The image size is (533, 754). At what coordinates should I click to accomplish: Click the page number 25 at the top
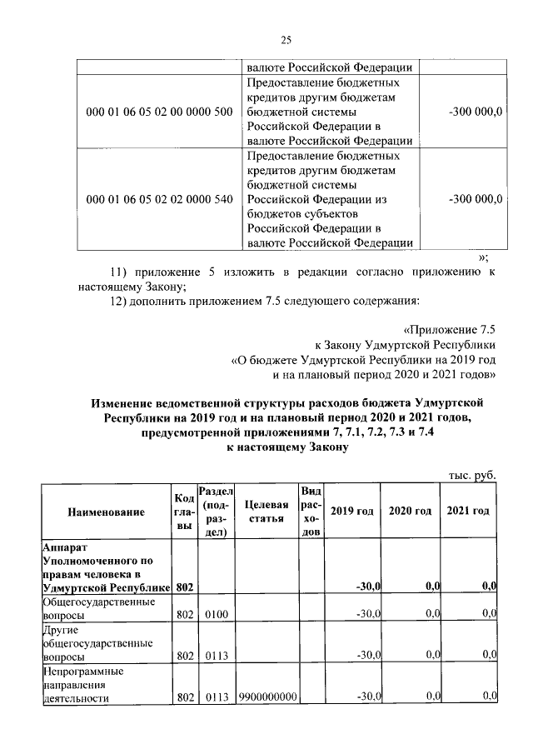(x=286, y=39)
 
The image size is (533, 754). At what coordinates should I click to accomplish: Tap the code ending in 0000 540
(x=159, y=199)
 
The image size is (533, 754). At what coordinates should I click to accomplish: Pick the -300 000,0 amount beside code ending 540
(x=475, y=199)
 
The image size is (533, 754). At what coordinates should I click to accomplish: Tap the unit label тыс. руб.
(x=472, y=474)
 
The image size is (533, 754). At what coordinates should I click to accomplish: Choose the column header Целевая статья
(x=267, y=512)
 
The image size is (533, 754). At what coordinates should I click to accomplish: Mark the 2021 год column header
(x=468, y=511)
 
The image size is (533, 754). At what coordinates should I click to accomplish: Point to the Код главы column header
(x=184, y=512)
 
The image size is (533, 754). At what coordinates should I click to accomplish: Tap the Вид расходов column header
(x=310, y=512)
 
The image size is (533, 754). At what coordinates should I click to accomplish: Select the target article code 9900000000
(x=267, y=697)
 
